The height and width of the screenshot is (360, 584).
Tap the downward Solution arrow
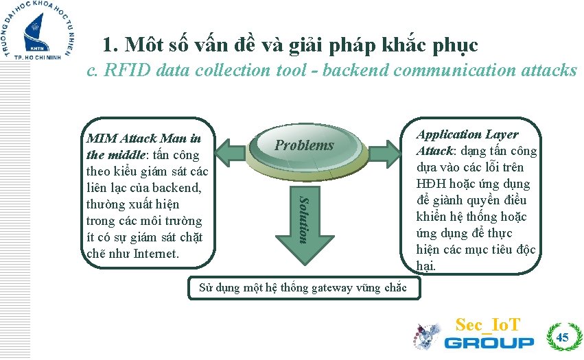click(304, 219)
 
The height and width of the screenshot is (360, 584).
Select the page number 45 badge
click(562, 337)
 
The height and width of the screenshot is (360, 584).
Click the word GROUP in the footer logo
click(489, 342)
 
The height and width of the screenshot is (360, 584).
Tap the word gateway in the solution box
click(336, 287)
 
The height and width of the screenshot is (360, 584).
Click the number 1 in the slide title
click(108, 45)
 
